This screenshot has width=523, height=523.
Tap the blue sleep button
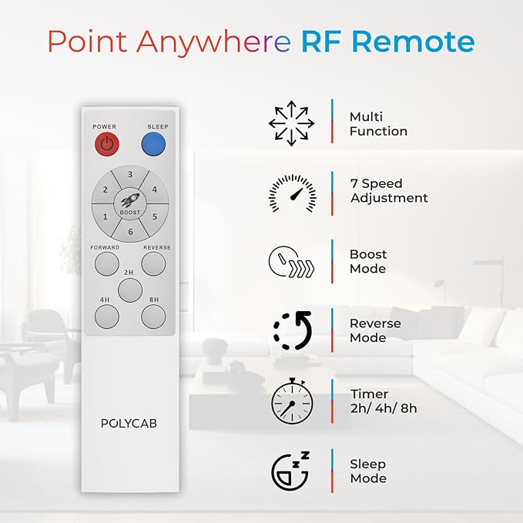tap(153, 144)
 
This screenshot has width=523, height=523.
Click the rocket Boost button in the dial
tap(130, 203)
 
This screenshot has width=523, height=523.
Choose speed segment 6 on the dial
tap(130, 230)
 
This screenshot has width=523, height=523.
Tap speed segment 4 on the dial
tap(154, 189)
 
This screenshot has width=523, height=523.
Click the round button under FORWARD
tap(107, 264)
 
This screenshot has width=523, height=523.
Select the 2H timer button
tap(130, 290)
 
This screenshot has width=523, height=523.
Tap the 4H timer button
tap(107, 317)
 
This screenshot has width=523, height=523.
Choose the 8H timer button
tap(153, 317)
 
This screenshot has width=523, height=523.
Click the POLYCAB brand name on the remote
tap(129, 424)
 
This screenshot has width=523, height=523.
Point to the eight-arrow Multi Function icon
tap(291, 123)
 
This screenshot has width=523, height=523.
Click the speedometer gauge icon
tap(293, 193)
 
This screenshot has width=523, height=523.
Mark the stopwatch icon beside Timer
tap(292, 401)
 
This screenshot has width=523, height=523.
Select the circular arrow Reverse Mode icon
tap(293, 331)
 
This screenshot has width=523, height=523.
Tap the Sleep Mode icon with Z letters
tap(290, 471)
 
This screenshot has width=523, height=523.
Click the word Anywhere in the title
tap(213, 42)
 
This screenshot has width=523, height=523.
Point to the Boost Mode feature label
tap(368, 262)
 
